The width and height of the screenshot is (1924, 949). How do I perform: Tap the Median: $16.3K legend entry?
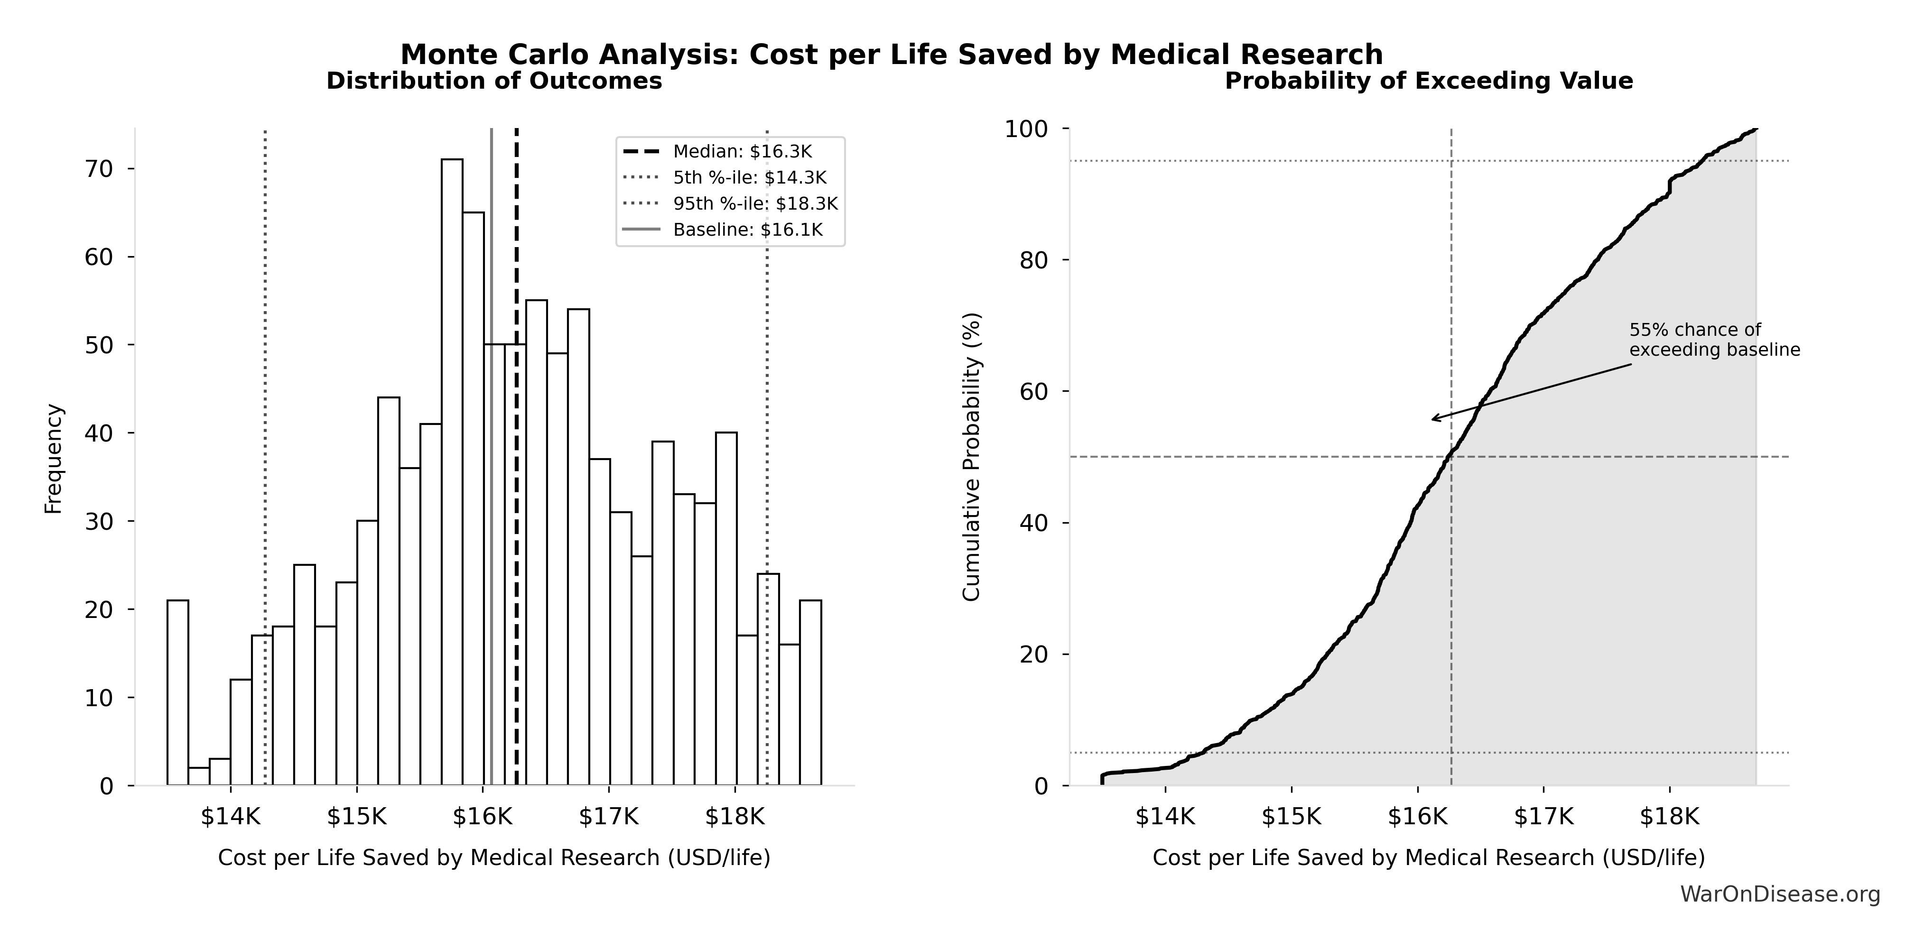[x=742, y=152]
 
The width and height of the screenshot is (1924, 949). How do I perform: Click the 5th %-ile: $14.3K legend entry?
[x=749, y=178]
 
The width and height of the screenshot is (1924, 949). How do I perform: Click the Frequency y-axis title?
[x=54, y=459]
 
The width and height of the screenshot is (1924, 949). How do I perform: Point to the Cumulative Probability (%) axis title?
[x=971, y=457]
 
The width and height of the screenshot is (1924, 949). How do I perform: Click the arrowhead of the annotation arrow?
[x=1432, y=420]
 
